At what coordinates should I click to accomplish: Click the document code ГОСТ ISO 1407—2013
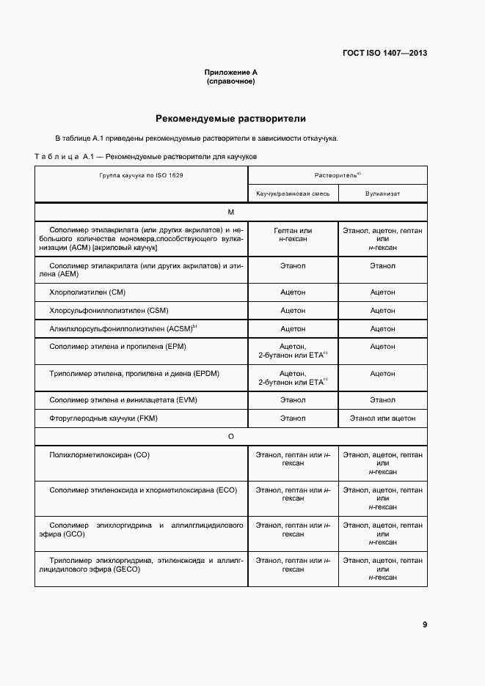point(384,54)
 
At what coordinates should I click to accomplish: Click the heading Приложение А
point(230,73)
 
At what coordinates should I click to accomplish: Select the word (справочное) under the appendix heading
point(230,81)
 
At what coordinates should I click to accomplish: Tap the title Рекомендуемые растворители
point(230,118)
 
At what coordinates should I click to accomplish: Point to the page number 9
point(425,624)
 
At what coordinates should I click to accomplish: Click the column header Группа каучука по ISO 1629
point(142,176)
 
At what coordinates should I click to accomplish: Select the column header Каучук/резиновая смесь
point(293,193)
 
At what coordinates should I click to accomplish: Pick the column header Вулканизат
point(382,193)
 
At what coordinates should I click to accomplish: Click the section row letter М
point(230,212)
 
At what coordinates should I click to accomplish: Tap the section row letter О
point(230,437)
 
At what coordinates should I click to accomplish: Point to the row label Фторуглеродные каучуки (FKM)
point(103,418)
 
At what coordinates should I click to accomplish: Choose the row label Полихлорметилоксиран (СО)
point(99,455)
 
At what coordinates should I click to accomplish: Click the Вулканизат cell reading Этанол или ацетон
point(382,418)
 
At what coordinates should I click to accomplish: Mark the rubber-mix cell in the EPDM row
point(293,377)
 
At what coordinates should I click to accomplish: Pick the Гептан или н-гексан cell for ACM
point(293,235)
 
